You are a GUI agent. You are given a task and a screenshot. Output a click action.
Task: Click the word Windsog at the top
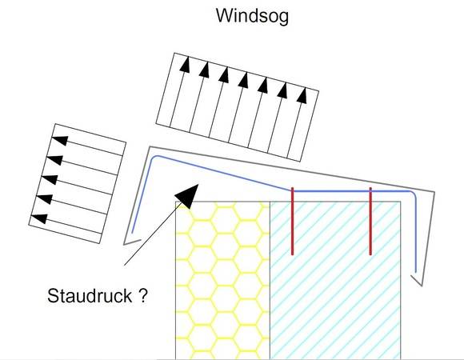[252, 16]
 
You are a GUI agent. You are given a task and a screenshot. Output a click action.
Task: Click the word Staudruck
[90, 295]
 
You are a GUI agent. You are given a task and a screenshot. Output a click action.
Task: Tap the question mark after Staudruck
[142, 295]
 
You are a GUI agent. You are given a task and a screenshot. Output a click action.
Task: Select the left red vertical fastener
[292, 221]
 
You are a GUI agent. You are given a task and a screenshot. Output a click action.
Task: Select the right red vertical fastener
[370, 221]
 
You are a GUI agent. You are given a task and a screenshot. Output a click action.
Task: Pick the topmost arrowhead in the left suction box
[60, 140]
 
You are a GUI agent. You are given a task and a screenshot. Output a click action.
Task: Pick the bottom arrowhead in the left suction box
[39, 218]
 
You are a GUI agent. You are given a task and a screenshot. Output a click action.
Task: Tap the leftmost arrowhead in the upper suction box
[185, 64]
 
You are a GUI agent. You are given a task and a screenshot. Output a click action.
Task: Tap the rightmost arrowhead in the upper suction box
[302, 95]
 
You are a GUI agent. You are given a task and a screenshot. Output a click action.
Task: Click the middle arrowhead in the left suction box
[50, 179]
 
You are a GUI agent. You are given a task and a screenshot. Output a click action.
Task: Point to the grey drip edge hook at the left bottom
[132, 242]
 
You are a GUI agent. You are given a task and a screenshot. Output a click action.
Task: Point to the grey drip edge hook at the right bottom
[417, 281]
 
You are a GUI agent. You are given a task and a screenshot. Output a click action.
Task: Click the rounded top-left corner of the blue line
[154, 157]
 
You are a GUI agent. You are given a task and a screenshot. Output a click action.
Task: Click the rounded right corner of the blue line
[414, 193]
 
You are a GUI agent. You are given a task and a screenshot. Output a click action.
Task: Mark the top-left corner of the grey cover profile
[150, 146]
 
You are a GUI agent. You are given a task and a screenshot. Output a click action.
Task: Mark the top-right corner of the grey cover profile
[434, 192]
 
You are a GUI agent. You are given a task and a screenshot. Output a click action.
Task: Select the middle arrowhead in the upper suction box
[243, 79]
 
